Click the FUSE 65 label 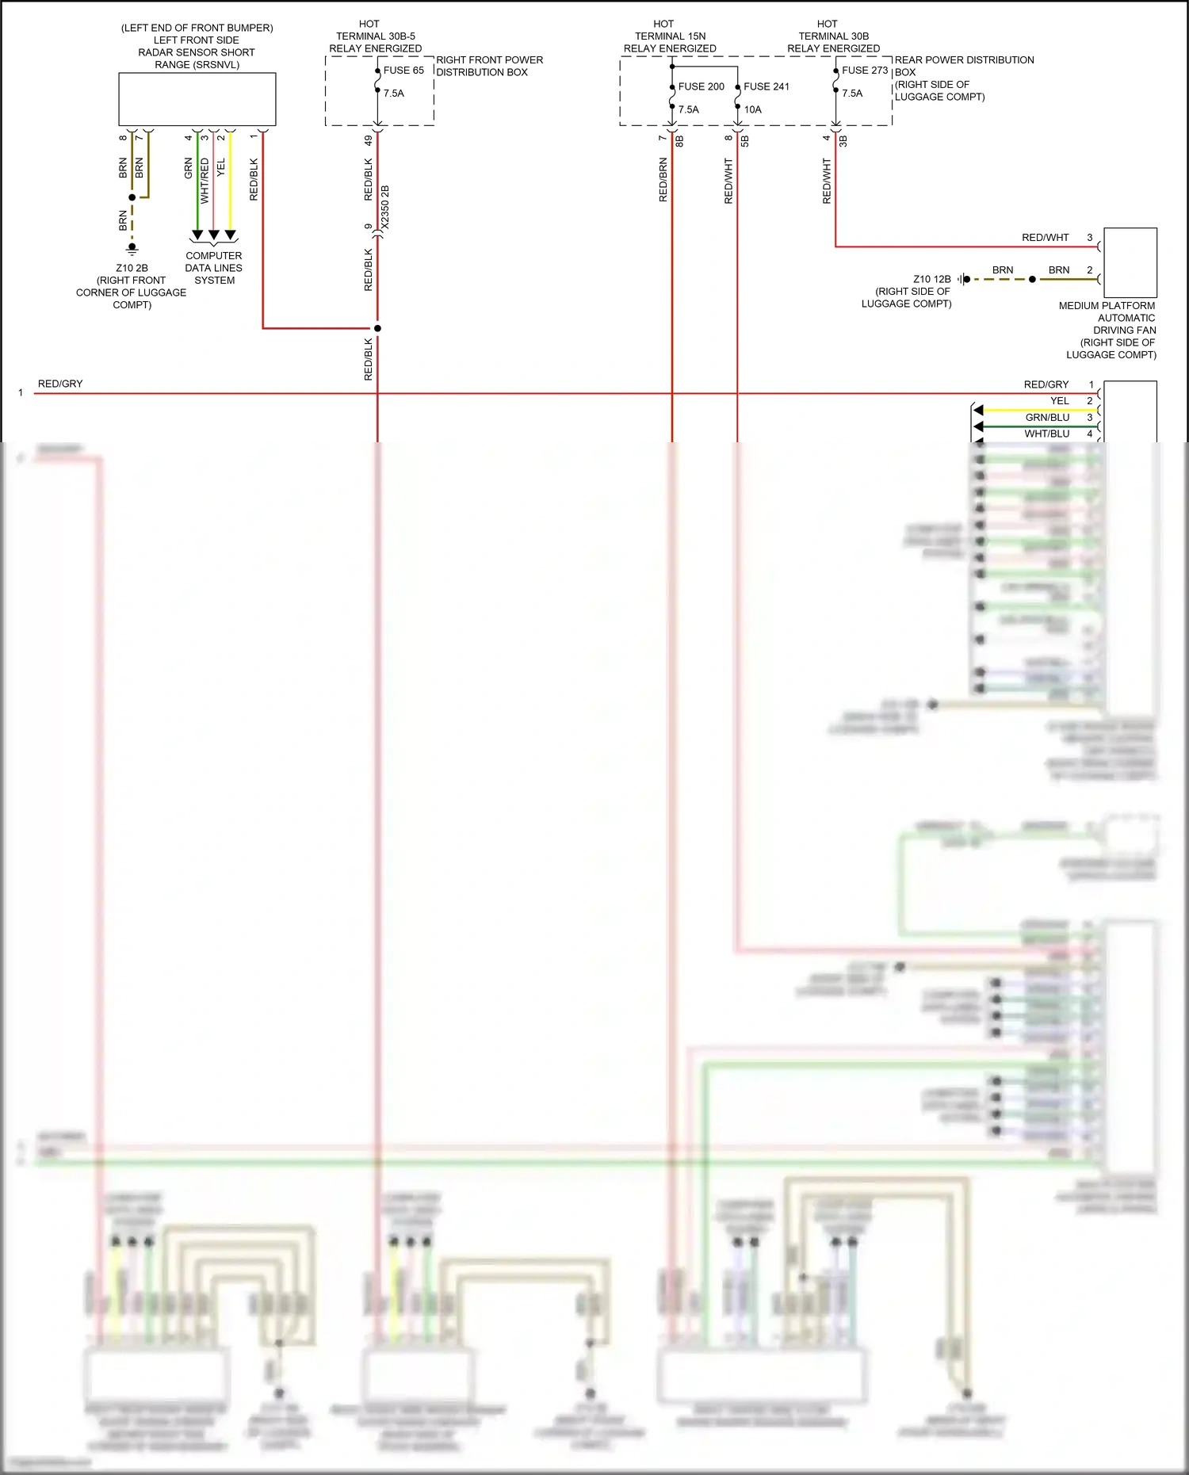point(403,71)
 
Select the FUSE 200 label point(701,86)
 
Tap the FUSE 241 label point(766,86)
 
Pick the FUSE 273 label point(864,71)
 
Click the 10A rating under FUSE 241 point(752,109)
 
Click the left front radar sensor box point(197,99)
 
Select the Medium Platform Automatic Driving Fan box point(1130,262)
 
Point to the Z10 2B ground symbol point(132,249)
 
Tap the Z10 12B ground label point(931,279)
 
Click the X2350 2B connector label point(385,208)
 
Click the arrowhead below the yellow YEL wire point(230,235)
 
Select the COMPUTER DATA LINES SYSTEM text point(214,268)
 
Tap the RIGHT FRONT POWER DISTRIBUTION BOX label point(489,66)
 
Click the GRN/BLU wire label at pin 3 point(1047,418)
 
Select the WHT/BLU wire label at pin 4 point(1046,434)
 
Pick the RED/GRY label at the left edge point(60,384)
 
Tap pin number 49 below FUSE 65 point(369,140)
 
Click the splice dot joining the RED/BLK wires point(377,328)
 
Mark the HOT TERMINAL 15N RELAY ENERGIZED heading point(670,36)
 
